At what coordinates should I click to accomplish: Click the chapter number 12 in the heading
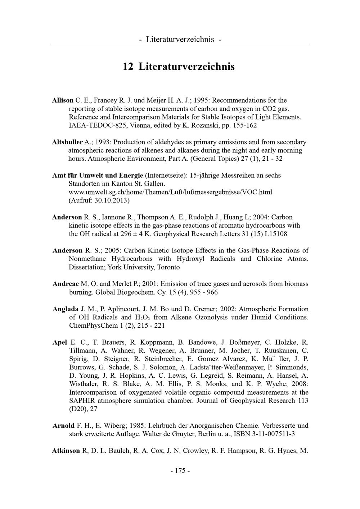(x=128, y=67)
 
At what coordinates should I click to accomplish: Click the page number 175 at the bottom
(x=180, y=471)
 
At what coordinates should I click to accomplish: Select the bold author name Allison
(x=63, y=100)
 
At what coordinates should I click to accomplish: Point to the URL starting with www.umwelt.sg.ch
(x=170, y=192)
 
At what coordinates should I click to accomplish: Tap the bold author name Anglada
(x=66, y=309)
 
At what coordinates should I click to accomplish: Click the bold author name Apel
(x=60, y=342)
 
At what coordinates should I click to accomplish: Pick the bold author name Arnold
(x=63, y=426)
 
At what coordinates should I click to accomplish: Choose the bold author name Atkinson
(x=66, y=451)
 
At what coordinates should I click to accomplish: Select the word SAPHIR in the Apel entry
(x=81, y=401)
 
